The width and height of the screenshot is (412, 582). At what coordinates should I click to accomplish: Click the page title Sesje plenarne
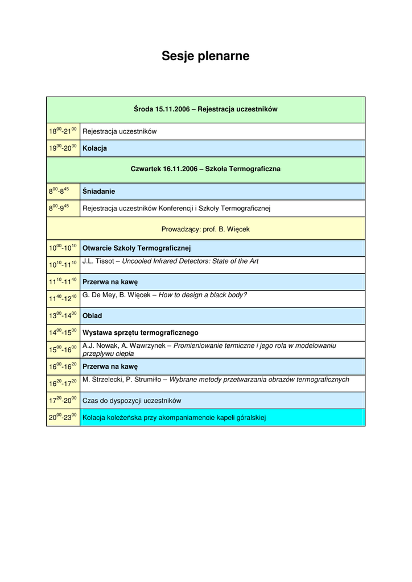tap(205, 56)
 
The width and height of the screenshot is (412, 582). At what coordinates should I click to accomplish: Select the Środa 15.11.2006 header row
tap(205, 109)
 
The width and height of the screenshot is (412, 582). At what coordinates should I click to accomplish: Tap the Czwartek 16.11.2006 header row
tap(205, 169)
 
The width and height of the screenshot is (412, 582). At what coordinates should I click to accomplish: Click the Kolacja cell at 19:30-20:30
tap(95, 148)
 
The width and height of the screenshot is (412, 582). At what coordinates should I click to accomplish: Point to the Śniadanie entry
tap(99, 192)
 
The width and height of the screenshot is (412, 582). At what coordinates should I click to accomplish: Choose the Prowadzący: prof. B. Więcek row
tap(205, 230)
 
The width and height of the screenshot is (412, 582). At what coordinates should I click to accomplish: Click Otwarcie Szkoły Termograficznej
tap(137, 248)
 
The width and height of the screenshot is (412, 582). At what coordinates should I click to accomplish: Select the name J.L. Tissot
tap(98, 261)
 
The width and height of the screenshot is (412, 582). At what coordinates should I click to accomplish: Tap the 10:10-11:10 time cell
tap(63, 265)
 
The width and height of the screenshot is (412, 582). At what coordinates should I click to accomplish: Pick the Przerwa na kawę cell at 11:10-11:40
tap(110, 281)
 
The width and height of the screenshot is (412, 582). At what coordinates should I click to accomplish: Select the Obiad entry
tap(93, 315)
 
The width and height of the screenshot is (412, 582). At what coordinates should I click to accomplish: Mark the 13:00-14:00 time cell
tap(63, 315)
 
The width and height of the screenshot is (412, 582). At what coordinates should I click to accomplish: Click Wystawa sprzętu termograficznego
tap(141, 332)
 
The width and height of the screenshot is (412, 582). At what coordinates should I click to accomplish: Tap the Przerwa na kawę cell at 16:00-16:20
tap(110, 366)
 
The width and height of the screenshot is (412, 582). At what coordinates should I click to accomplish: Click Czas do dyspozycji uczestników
tap(132, 401)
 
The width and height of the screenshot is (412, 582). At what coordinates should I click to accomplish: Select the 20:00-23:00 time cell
tap(63, 417)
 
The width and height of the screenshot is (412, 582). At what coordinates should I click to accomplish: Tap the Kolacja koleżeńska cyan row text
tap(174, 418)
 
